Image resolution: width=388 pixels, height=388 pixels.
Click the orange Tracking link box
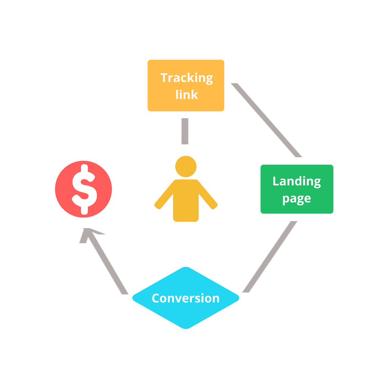tap(186, 85)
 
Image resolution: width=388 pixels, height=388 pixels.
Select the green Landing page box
tap(297, 189)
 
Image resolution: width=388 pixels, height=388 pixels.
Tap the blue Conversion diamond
tap(186, 298)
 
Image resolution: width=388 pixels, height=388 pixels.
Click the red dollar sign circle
tap(83, 189)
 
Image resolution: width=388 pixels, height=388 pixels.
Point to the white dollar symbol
tap(84, 189)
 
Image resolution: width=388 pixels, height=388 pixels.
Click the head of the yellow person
tap(186, 167)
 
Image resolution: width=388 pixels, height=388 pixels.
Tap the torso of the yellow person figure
tap(186, 200)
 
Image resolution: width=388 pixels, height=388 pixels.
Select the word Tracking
tap(186, 78)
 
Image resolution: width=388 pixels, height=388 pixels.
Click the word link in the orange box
tap(186, 94)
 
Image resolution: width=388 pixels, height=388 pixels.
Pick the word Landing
tap(297, 182)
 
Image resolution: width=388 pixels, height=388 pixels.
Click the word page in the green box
tap(297, 199)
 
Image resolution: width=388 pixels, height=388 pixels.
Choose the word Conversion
tap(186, 298)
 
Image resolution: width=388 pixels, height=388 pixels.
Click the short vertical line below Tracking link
tap(185, 131)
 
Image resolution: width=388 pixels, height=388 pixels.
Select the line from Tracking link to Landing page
tap(266, 120)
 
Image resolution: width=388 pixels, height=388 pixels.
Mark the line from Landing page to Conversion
tap(270, 257)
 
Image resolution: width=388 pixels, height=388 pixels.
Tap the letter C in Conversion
tap(155, 298)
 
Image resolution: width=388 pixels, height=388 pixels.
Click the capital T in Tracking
tap(164, 77)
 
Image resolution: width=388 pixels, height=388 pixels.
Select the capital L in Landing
tap(276, 181)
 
